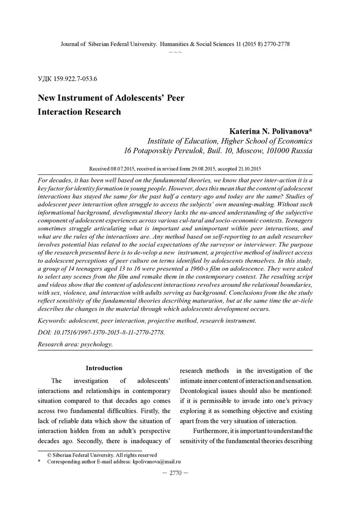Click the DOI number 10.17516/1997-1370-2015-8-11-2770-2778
[109, 332]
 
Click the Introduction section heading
[104, 368]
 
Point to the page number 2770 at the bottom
[175, 473]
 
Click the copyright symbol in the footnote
[49, 455]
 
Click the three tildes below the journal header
[175, 51]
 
